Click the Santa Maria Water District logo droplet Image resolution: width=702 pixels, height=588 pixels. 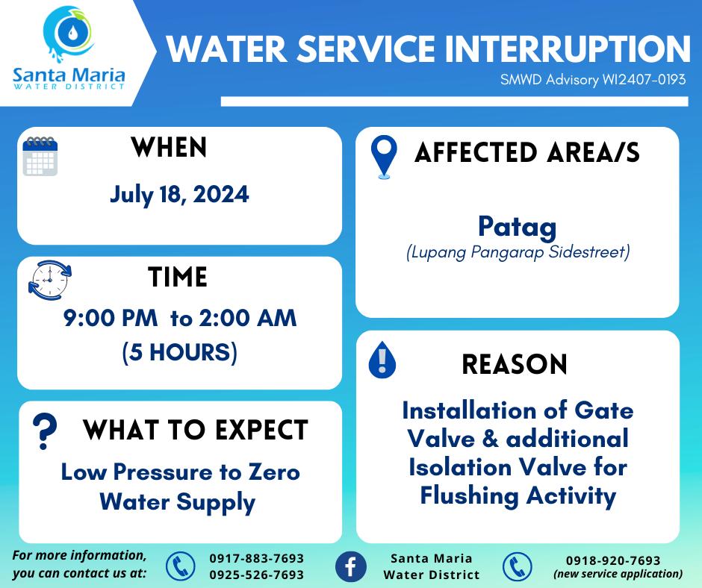click(72, 32)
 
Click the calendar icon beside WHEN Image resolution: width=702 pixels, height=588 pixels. click(40, 156)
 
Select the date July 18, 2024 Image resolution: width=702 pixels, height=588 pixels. click(179, 195)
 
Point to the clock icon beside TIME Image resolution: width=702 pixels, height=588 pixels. click(49, 280)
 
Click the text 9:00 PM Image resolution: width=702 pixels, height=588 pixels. click(111, 318)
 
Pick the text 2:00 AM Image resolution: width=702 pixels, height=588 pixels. click(248, 318)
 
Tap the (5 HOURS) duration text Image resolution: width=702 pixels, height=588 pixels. click(179, 352)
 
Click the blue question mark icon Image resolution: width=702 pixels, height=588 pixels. click(45, 431)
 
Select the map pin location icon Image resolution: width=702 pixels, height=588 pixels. click(384, 157)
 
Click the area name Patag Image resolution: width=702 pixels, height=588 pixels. click(517, 227)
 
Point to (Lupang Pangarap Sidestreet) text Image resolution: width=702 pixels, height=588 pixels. click(518, 252)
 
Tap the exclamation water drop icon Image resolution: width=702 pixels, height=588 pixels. click(382, 360)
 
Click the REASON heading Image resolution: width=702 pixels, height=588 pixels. click(515, 364)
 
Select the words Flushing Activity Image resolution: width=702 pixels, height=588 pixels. click(518, 495)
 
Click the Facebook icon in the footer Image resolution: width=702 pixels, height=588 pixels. click(350, 566)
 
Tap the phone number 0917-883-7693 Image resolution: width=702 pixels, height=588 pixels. click(257, 558)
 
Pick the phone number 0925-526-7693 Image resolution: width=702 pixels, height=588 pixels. click(257, 575)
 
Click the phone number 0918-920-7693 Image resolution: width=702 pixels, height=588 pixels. click(613, 560)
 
